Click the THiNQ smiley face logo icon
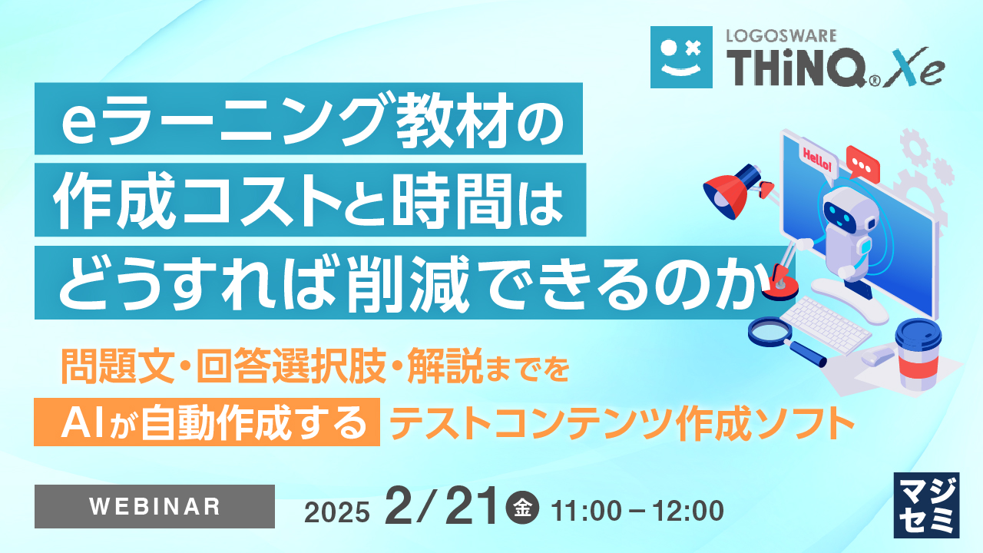pyautogui.click(x=680, y=56)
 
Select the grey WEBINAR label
pyautogui.click(x=154, y=506)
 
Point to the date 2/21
pyautogui.click(x=442, y=507)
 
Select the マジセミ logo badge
pyautogui.click(x=927, y=504)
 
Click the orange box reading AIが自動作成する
pyautogui.click(x=207, y=422)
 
